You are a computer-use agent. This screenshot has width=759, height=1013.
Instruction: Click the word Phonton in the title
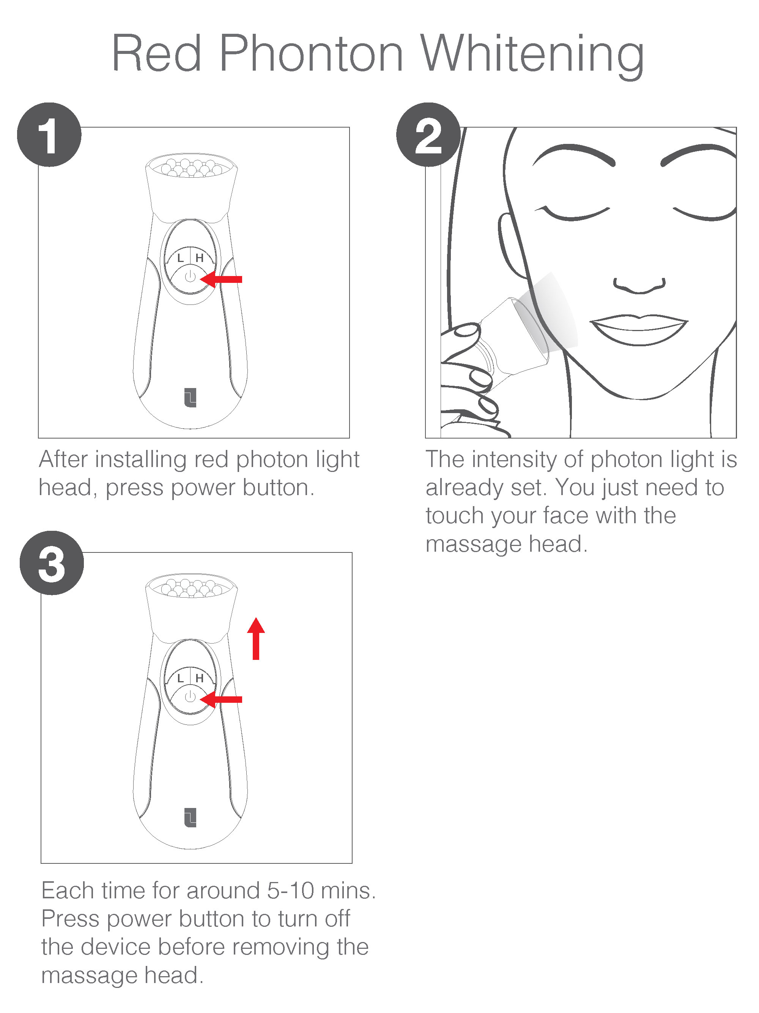pos(311,54)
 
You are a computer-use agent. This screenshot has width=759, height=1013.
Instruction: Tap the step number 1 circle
pos(49,135)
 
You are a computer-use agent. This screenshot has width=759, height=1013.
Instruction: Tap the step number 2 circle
pos(428,135)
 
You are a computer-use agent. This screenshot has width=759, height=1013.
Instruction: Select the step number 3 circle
pos(52,563)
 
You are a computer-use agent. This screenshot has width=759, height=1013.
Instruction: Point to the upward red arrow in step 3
pos(256,639)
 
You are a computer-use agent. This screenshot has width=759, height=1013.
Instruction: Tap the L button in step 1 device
pos(180,258)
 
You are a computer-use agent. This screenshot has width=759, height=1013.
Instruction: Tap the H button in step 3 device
pos(200,678)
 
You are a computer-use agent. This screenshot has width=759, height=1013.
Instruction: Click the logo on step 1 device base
pos(190,398)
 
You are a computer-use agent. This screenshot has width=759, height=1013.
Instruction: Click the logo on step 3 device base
pos(190,818)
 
